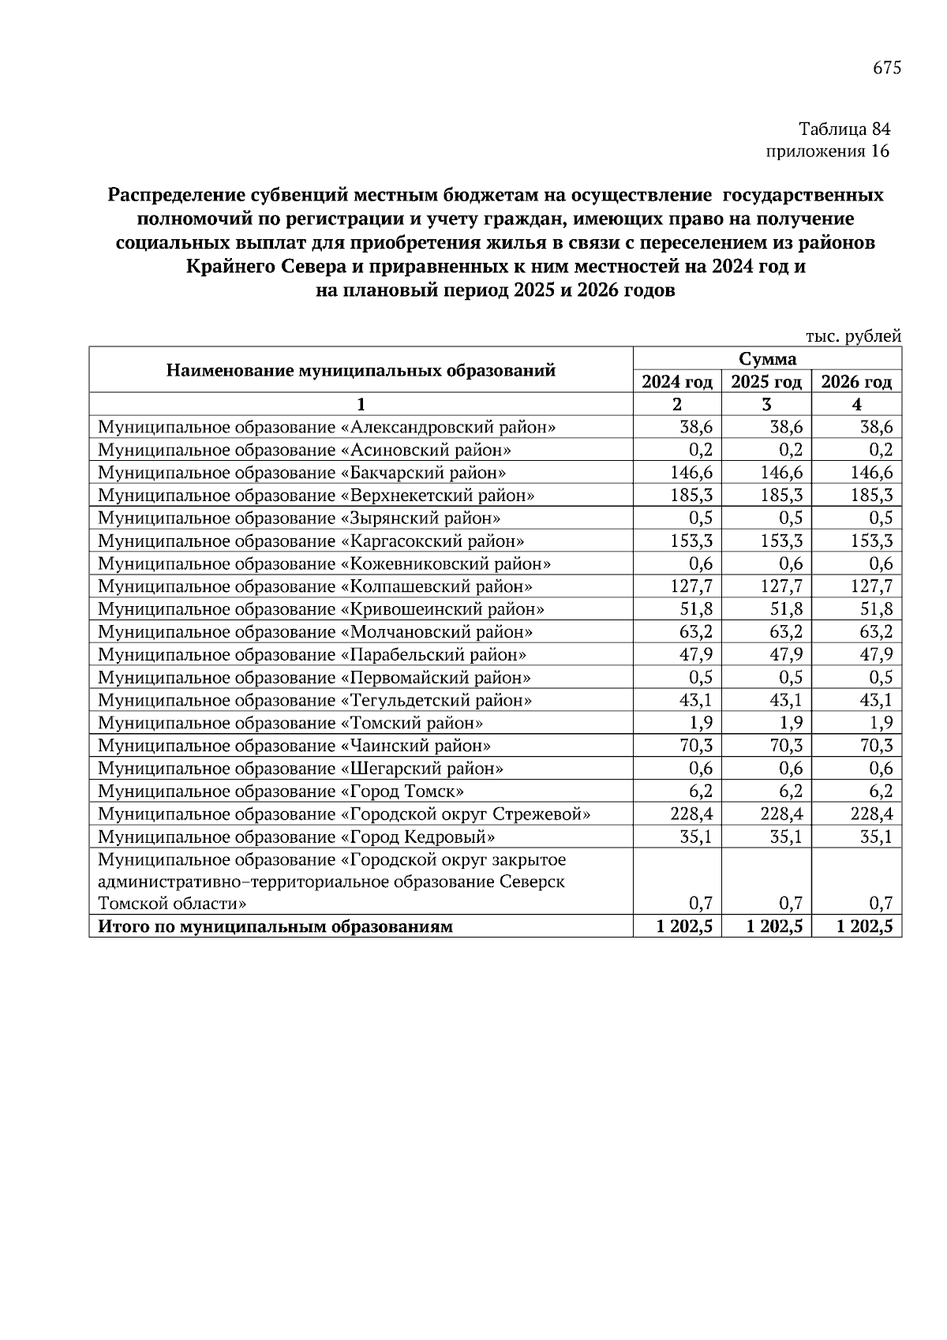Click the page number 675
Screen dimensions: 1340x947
886,68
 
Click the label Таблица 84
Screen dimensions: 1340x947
844,129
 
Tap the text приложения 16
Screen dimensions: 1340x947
828,152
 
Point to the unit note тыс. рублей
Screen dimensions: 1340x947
853,336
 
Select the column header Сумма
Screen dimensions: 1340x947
767,359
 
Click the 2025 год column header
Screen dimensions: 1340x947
766,383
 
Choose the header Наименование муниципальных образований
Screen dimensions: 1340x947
361,370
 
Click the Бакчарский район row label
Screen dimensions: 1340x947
301,473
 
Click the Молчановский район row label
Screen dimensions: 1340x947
315,632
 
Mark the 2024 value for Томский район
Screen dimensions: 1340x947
702,723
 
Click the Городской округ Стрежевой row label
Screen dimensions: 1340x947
344,814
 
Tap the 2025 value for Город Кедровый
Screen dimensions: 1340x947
786,837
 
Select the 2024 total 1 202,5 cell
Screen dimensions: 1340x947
684,927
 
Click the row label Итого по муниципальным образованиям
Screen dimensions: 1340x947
275,927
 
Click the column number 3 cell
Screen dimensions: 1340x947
766,405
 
